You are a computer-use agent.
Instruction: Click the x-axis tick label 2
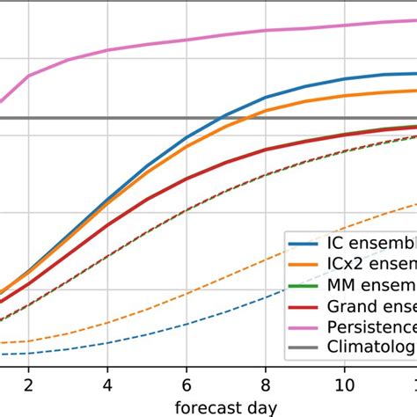(x=29, y=384)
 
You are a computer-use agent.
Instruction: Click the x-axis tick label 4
(x=107, y=384)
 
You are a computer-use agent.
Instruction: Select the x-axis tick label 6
(x=187, y=384)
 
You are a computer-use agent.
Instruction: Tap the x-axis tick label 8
(x=266, y=384)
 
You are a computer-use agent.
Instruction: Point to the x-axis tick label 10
(x=344, y=384)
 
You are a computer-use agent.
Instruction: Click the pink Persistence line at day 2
(x=29, y=76)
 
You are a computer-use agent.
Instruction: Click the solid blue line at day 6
(x=187, y=138)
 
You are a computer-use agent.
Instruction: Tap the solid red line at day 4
(x=107, y=225)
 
